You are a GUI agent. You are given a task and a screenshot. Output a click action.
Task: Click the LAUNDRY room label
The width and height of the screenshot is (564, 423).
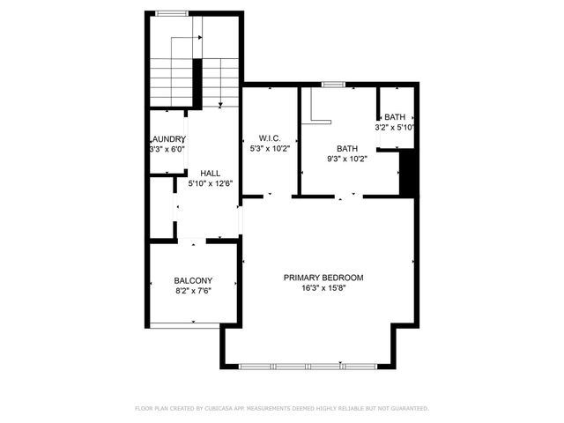click(x=167, y=139)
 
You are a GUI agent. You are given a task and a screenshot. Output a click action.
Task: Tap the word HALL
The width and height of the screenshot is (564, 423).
click(x=210, y=173)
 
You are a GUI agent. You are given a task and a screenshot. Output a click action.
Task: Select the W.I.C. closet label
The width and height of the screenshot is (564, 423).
click(x=269, y=137)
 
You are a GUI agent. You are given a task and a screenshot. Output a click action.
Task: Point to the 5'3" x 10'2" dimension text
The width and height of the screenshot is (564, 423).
click(x=269, y=149)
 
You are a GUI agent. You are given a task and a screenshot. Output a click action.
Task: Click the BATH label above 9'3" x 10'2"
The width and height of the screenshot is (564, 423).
click(x=347, y=148)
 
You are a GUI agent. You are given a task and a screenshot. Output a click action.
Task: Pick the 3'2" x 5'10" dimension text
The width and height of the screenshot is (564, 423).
click(x=394, y=128)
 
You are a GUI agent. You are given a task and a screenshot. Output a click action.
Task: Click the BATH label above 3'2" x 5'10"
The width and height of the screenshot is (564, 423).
click(x=394, y=117)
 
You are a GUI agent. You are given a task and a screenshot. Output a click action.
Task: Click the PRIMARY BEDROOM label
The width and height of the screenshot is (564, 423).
click(x=323, y=278)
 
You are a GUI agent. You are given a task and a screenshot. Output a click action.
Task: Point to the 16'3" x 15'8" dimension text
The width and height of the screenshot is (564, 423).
click(x=323, y=288)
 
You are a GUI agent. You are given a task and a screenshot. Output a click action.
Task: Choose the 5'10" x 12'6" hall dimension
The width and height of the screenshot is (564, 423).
click(x=210, y=184)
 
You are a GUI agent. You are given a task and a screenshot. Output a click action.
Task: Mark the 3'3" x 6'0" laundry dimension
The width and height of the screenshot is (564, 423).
click(x=167, y=150)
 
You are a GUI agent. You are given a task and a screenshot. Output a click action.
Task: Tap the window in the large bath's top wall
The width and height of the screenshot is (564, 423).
click(x=333, y=85)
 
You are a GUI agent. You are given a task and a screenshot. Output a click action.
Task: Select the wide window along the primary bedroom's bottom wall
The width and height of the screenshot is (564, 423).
click(x=308, y=366)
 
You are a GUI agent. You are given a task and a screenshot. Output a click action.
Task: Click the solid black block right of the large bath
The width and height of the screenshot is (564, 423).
click(x=407, y=173)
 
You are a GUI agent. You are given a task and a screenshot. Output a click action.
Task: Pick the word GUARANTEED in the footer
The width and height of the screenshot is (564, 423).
click(x=408, y=409)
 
